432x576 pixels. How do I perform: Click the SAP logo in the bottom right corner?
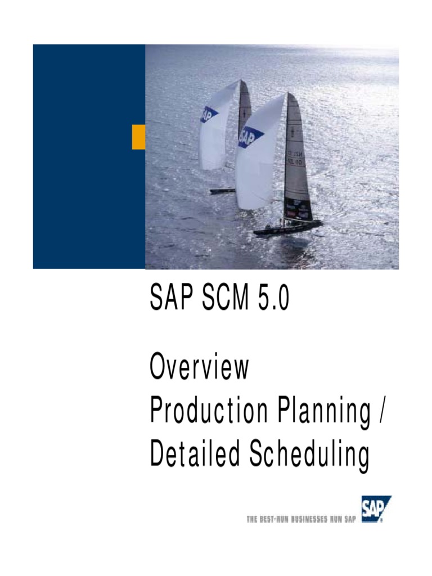tap(376, 509)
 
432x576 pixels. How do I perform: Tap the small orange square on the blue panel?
tap(138, 137)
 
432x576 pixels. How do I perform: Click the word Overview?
tap(199, 368)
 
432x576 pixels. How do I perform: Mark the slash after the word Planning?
tap(382, 413)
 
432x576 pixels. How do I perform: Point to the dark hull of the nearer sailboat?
tap(287, 228)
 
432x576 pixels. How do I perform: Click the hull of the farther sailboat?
tap(222, 191)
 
